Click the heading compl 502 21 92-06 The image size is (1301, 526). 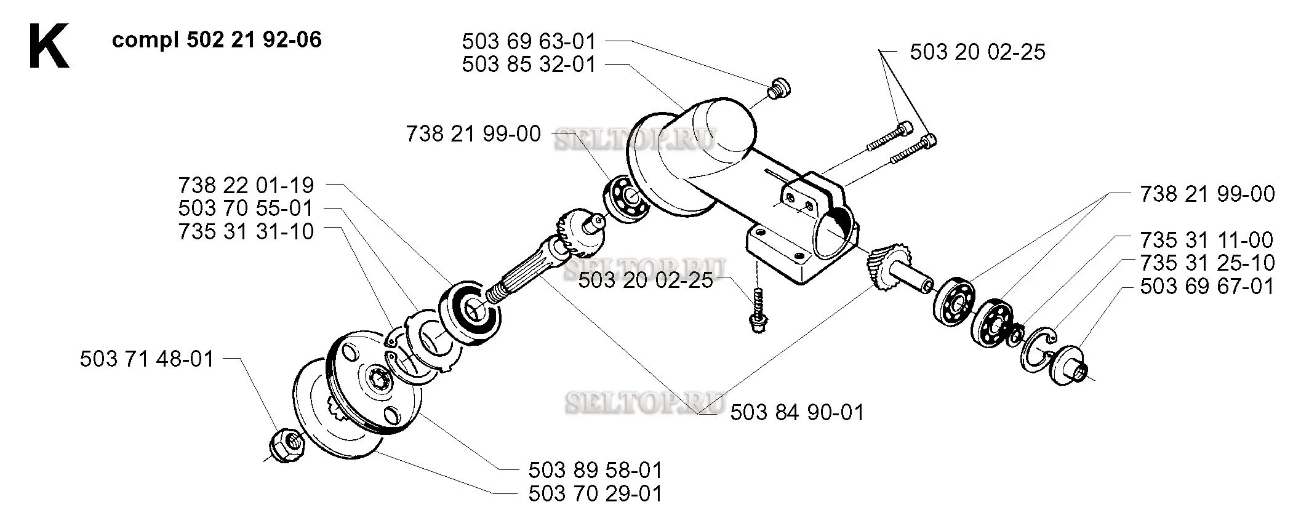217,40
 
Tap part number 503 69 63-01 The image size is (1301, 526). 529,42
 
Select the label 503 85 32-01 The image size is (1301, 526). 529,64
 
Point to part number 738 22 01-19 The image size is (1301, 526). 246,185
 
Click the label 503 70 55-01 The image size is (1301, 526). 246,208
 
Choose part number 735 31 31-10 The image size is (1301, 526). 246,231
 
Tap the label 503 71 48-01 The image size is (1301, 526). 146,359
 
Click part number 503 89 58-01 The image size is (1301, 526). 595,471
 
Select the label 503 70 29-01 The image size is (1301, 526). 595,493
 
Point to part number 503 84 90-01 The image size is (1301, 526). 797,412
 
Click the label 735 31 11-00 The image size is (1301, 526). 1207,240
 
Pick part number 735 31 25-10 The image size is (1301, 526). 1207,263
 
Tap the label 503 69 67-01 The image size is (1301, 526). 1207,286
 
